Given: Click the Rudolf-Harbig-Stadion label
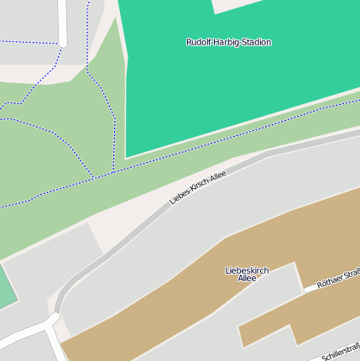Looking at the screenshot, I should (228, 42).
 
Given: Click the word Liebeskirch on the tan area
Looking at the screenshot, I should (247, 270).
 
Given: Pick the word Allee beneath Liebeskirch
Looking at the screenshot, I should (247, 278).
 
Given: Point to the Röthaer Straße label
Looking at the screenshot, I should (337, 279).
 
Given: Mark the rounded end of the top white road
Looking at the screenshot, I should (64, 41).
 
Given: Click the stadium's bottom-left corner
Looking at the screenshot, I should (127, 156).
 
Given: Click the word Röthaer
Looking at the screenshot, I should (330, 281).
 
